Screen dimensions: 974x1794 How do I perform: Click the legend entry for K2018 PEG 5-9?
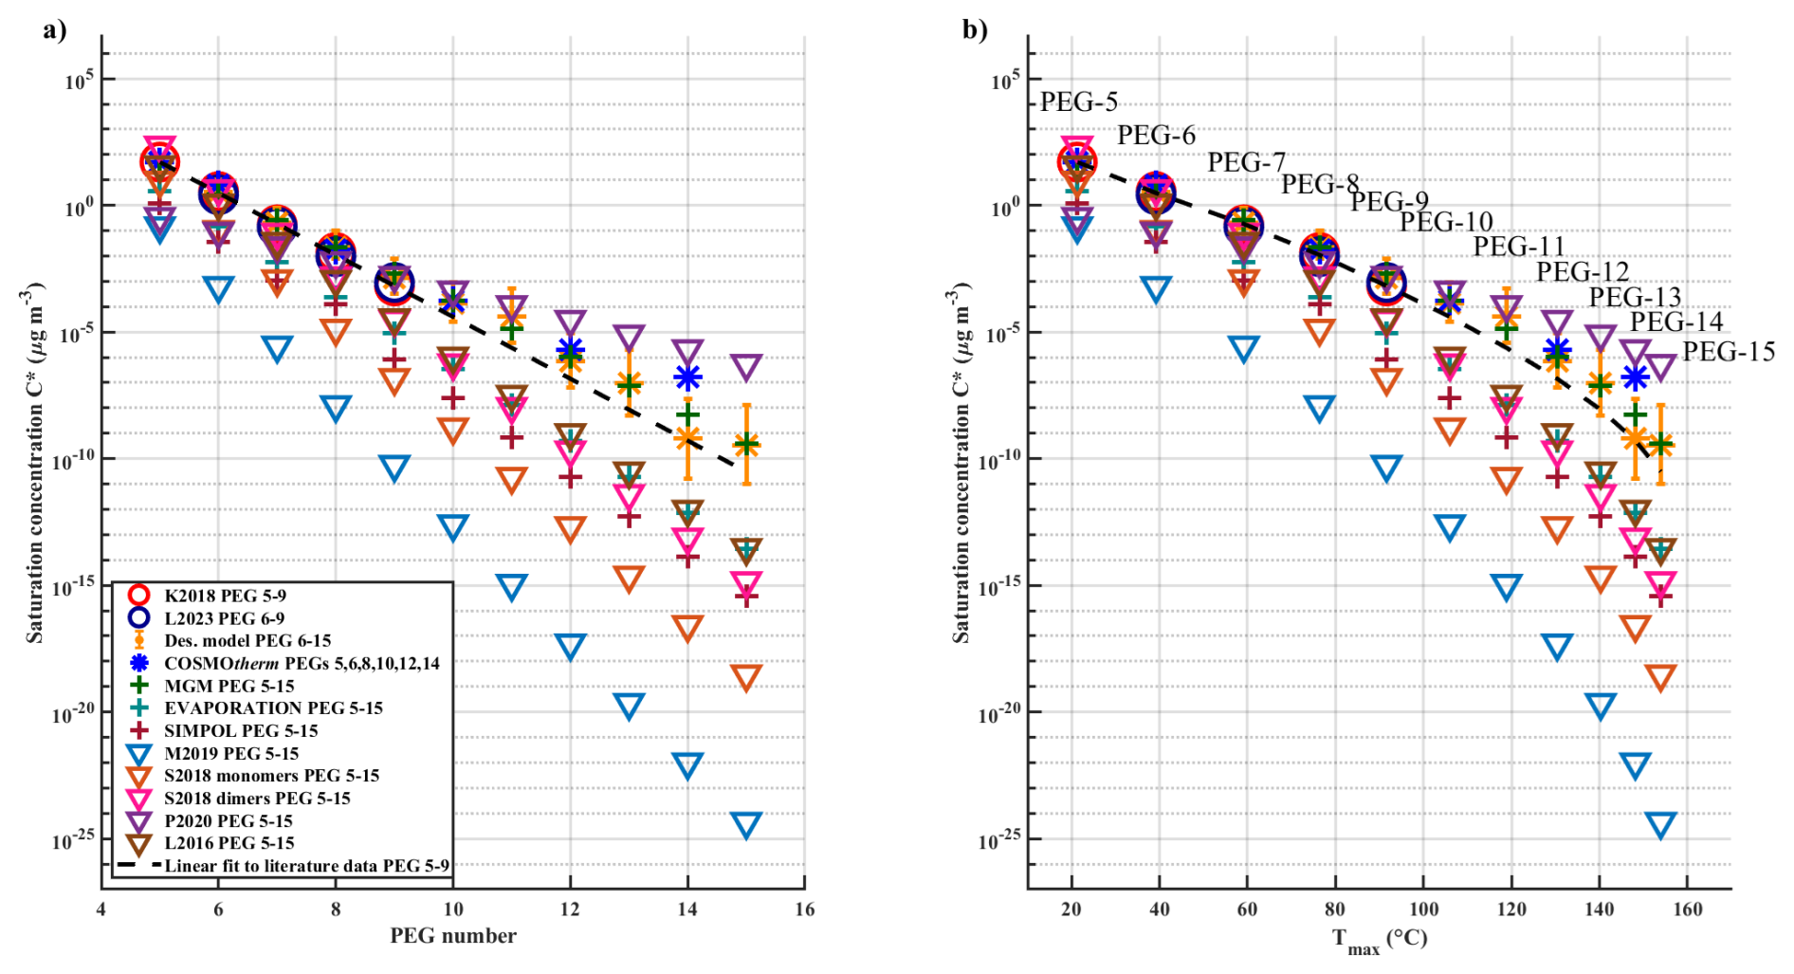(225, 596)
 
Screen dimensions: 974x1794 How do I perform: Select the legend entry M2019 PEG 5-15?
(230, 754)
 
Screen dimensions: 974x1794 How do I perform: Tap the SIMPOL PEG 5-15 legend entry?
(240, 731)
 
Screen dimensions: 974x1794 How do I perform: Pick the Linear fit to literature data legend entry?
(306, 866)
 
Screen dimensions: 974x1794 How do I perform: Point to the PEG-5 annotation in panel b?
(1078, 101)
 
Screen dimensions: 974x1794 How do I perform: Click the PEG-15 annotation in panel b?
(1728, 352)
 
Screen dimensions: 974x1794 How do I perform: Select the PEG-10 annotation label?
(1446, 222)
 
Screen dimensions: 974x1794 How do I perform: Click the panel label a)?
(55, 29)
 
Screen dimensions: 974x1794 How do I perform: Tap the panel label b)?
(975, 29)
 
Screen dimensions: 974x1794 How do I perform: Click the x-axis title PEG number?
(453, 936)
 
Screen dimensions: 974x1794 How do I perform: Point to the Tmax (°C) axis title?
(1379, 940)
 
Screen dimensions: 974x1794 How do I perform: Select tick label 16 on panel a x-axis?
(804, 910)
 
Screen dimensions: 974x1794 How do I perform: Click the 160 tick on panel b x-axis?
(1687, 910)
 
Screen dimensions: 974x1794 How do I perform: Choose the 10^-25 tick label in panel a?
(72, 839)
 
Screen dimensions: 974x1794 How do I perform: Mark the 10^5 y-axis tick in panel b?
(1004, 81)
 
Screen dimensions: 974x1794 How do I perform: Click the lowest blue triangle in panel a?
(746, 824)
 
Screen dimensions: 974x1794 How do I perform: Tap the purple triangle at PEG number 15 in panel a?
(746, 366)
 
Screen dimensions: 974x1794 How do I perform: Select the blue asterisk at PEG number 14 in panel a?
(687, 377)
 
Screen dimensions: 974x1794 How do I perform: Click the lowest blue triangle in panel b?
(1660, 824)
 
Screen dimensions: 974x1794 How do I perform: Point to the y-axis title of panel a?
(35, 463)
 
